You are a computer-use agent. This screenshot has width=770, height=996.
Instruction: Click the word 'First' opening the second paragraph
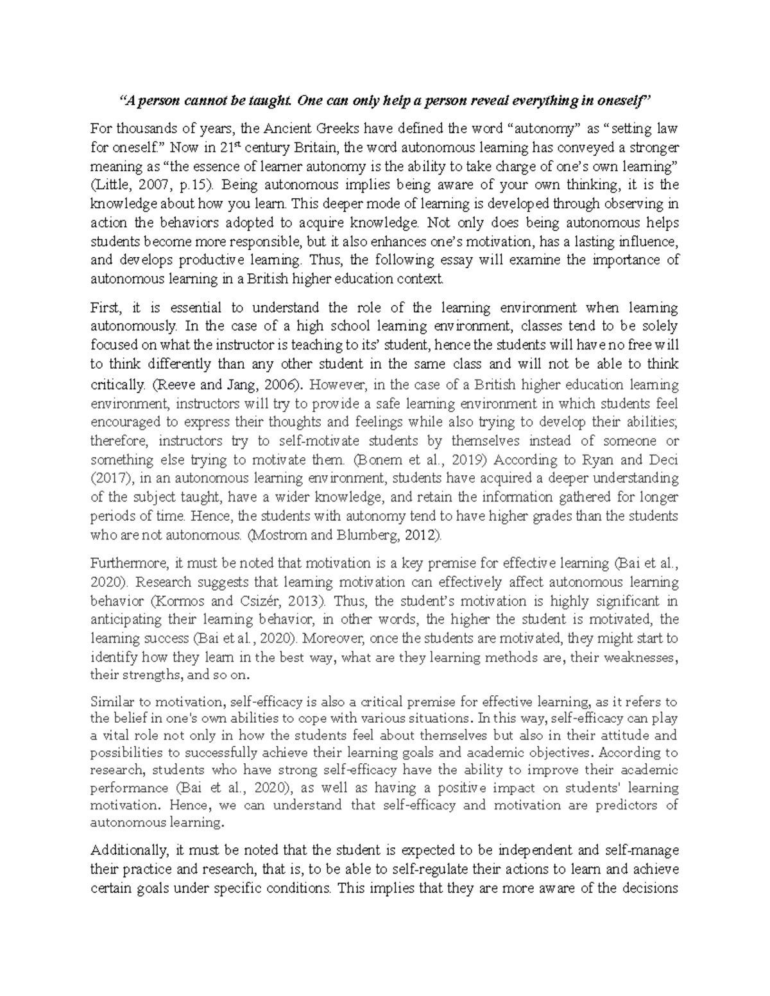tap(105, 308)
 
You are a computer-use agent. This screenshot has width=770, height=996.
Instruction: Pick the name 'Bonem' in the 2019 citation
tap(372, 460)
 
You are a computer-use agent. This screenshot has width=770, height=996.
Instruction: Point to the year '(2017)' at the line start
tap(110, 478)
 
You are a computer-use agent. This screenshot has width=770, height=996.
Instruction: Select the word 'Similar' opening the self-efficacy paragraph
tap(111, 702)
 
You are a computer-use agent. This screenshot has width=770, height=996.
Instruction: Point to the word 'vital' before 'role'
tap(116, 736)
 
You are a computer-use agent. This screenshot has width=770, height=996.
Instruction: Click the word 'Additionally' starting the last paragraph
tap(127, 851)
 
